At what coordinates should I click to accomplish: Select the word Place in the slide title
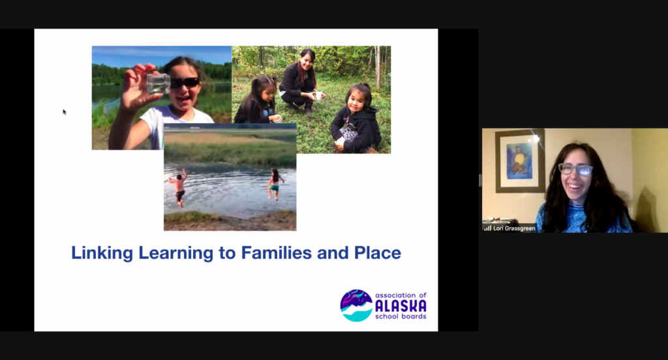378,252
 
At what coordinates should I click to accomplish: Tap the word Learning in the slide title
176,253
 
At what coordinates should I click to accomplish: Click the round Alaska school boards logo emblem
356,305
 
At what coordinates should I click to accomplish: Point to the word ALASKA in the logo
401,306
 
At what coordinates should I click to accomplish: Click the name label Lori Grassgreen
514,228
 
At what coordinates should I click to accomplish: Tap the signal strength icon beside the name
487,228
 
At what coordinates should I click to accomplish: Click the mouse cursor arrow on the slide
65,112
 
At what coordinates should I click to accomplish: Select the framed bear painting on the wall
520,160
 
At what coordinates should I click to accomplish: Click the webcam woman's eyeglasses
575,169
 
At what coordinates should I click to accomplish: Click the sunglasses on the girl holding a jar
184,83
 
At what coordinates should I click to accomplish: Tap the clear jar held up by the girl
158,83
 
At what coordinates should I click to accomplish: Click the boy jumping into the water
179,187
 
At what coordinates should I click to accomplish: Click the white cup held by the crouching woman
317,96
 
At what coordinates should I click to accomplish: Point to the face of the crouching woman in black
307,61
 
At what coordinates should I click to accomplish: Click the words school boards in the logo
401,316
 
